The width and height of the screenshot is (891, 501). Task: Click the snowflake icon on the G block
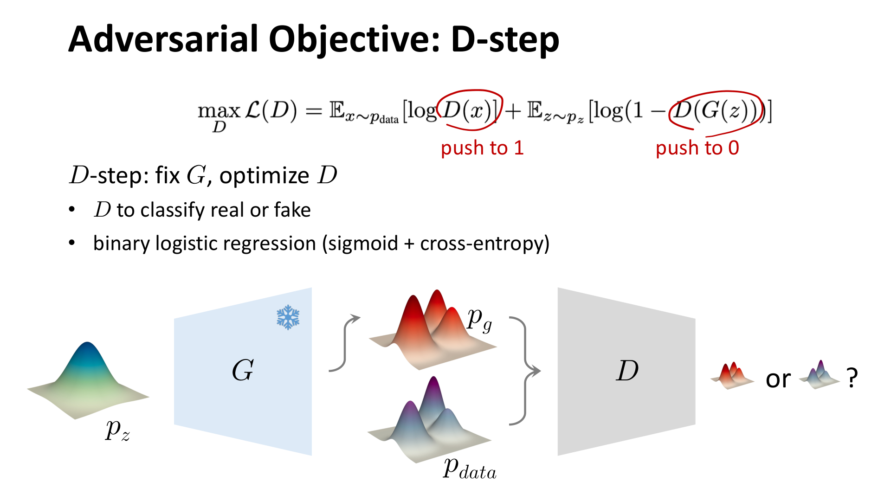(x=288, y=317)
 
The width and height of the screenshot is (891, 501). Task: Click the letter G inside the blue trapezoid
(x=243, y=370)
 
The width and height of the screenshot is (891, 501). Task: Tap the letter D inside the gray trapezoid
(x=627, y=370)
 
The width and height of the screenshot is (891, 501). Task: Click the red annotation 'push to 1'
(x=482, y=148)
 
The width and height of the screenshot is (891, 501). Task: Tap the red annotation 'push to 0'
(x=697, y=148)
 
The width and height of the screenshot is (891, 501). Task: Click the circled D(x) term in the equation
(x=469, y=110)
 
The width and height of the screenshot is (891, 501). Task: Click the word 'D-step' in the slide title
(x=504, y=39)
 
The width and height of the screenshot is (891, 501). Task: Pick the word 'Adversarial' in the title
(x=162, y=39)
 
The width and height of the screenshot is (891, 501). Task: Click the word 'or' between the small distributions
(x=778, y=379)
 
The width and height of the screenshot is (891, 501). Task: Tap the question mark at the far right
(x=852, y=378)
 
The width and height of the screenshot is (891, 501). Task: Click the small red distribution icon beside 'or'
(x=732, y=376)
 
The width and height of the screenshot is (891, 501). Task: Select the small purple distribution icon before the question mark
(x=819, y=375)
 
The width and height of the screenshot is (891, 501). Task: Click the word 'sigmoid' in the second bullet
(x=363, y=244)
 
